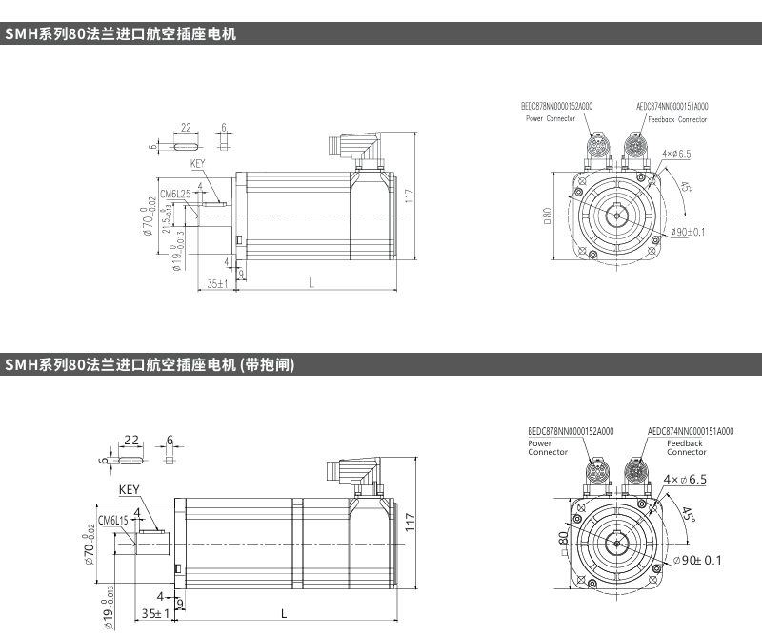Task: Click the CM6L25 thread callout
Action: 176,194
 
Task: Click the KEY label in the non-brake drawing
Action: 198,164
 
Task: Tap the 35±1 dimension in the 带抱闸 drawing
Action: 155,612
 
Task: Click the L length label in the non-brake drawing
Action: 311,281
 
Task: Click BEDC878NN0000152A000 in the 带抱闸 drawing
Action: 571,432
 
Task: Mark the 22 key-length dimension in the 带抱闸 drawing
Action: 131,440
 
